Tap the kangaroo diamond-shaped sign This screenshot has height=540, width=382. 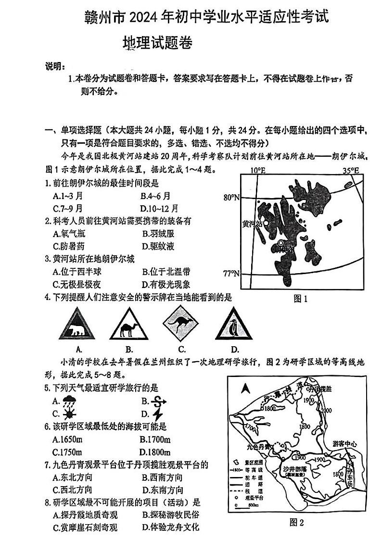coord(182,326)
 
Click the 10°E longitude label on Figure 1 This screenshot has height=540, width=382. coord(257,170)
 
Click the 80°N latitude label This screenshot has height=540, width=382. coord(231,197)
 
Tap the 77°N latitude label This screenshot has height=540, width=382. coord(231,274)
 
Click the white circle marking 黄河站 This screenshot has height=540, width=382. coord(266,224)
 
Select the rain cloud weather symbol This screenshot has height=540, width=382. coord(69,401)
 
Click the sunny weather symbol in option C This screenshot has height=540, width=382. coord(69,414)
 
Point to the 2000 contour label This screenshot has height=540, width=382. coord(326,410)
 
